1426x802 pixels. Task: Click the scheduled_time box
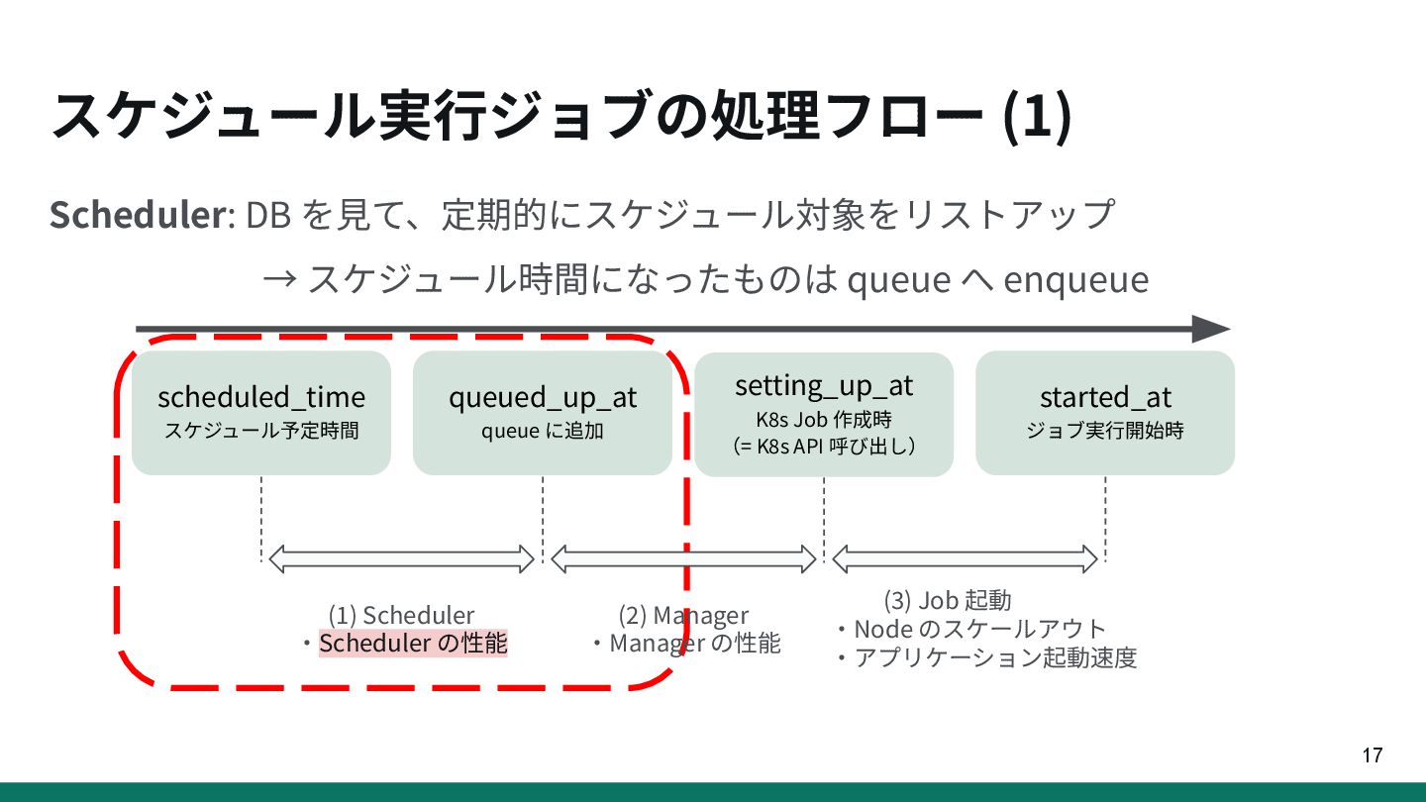(x=261, y=412)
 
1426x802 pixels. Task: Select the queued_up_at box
(x=543, y=412)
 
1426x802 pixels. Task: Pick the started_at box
(x=1105, y=412)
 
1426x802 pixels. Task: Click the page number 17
(x=1372, y=756)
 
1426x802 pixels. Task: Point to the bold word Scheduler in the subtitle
(x=138, y=214)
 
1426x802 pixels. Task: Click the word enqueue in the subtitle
(x=1076, y=280)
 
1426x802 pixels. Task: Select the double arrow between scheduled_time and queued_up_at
(x=402, y=559)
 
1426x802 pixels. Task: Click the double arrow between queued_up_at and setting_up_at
(x=683, y=559)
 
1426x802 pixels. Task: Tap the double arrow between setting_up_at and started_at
(x=965, y=559)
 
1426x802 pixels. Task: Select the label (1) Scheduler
(x=401, y=616)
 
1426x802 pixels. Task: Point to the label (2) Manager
(x=683, y=616)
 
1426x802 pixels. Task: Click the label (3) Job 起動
(x=948, y=600)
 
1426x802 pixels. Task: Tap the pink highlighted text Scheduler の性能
(x=413, y=644)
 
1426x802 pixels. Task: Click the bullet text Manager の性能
(x=694, y=644)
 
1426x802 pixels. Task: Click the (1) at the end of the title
(x=1037, y=117)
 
